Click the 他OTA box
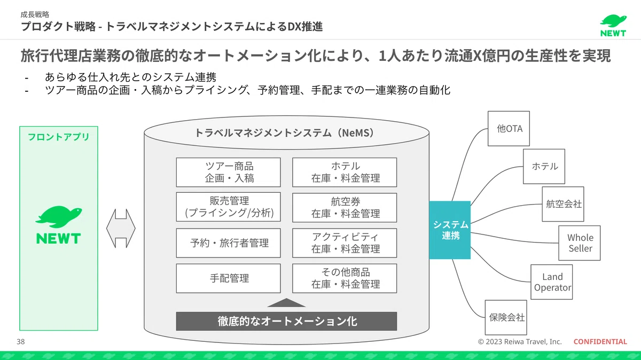(x=509, y=129)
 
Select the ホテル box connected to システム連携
(x=544, y=166)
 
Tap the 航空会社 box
(x=563, y=204)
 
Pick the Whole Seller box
(x=579, y=243)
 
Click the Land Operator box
(x=551, y=282)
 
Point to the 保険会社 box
(x=506, y=317)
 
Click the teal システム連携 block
(x=450, y=230)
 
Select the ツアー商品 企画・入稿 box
(x=229, y=173)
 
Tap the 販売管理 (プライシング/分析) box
(x=229, y=207)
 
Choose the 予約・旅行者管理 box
(x=229, y=243)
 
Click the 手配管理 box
(x=229, y=278)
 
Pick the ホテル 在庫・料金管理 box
(x=345, y=173)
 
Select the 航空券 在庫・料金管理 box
(x=345, y=207)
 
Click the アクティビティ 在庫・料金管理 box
(x=345, y=243)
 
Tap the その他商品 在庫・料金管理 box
(x=345, y=278)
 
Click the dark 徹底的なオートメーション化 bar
(x=286, y=321)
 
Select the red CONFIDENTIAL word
(x=600, y=341)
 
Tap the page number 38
(x=21, y=341)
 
